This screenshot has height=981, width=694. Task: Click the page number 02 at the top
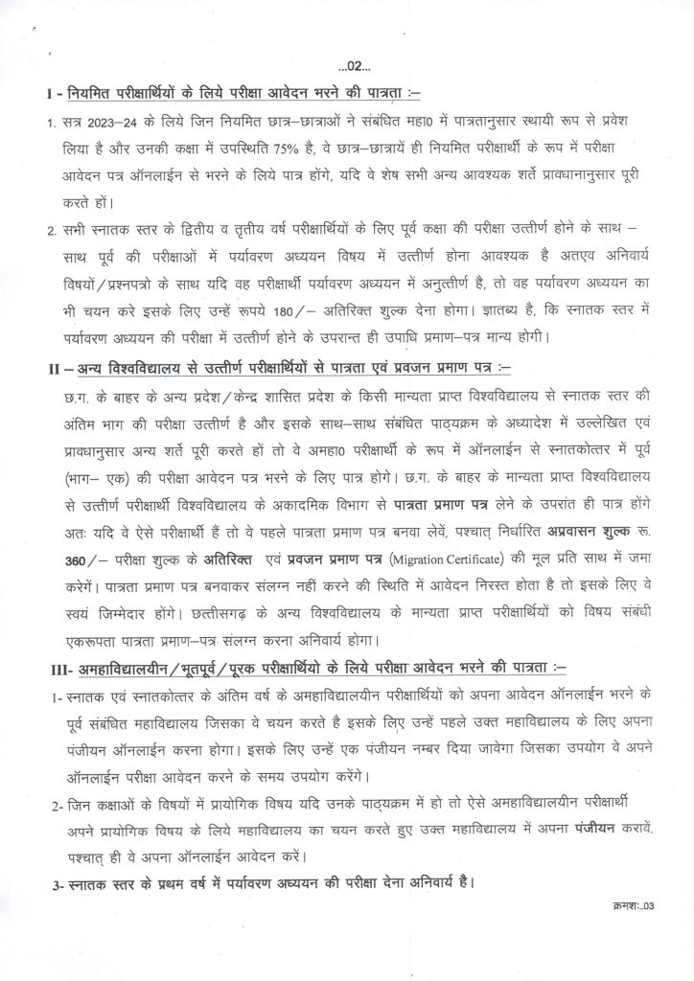tap(347, 66)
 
